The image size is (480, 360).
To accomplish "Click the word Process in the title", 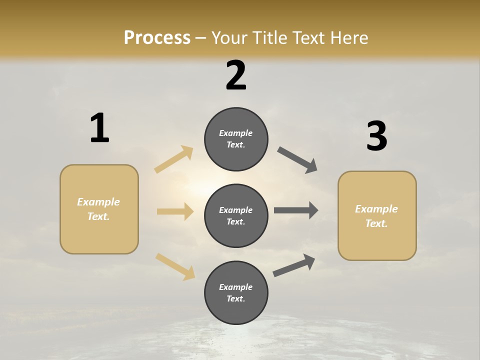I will (157, 38).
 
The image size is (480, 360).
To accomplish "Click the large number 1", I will (99, 128).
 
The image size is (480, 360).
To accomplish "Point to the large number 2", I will (236, 75).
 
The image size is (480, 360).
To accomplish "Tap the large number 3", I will (376, 136).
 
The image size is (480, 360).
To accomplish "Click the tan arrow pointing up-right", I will (174, 159).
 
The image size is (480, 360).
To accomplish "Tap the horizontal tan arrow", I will (175, 211).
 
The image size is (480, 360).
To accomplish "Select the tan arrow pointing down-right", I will (175, 266).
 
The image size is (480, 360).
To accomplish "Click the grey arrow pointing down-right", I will (297, 160).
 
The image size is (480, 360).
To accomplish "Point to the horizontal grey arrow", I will (296, 210).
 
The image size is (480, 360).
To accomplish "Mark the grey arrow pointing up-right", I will (294, 265).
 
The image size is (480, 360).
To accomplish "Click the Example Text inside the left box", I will (98, 209).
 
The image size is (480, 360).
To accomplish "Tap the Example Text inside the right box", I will (376, 216).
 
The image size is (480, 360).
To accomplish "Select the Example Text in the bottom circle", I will (236, 293).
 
